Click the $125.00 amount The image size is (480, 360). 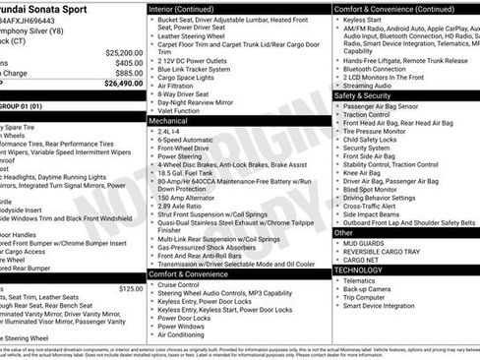pyautogui.click(x=131, y=288)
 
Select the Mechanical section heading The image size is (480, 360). pyautogui.click(x=169, y=119)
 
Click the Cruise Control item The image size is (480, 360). pyautogui.click(x=183, y=285)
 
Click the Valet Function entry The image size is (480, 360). pyautogui.click(x=182, y=110)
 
